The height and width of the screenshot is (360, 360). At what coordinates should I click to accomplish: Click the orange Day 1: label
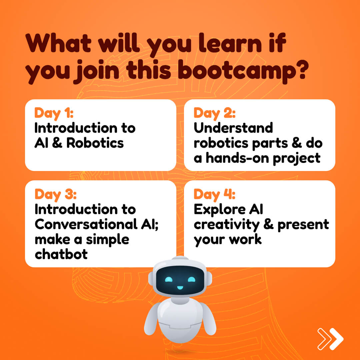[54, 113]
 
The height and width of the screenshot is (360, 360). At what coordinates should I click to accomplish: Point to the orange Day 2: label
[214, 113]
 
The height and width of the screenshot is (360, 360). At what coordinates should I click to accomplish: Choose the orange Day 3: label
[55, 195]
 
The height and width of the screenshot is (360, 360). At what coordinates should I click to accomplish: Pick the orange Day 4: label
[214, 195]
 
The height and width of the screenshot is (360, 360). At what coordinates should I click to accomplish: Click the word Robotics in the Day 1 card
[95, 143]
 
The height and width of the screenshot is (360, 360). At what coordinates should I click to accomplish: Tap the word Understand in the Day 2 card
[233, 128]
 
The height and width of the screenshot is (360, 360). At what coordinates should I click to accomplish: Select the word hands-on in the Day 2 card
[238, 158]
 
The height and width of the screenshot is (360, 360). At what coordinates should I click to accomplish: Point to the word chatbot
[61, 254]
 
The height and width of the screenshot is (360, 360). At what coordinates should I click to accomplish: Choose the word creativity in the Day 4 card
[227, 225]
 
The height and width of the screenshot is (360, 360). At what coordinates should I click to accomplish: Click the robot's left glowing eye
[169, 279]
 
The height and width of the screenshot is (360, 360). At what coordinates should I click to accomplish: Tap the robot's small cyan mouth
[180, 287]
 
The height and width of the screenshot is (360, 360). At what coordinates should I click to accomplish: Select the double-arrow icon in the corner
[330, 339]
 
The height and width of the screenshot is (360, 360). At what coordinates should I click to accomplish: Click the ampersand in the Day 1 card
[57, 143]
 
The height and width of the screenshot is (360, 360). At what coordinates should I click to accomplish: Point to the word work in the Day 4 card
[245, 239]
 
